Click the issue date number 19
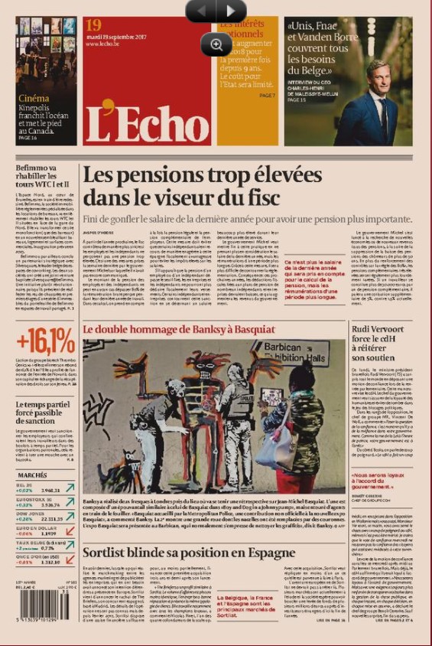93,26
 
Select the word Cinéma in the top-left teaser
33,99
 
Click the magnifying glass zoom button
216,44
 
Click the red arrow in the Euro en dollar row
69,534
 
